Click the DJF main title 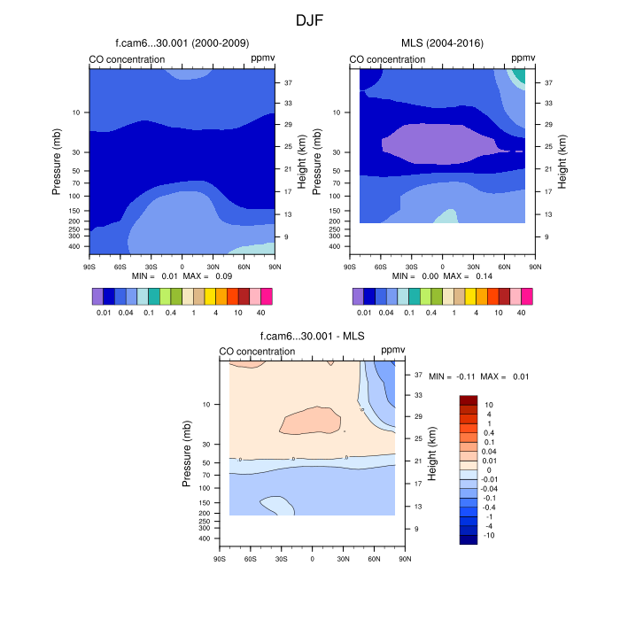pyautogui.click(x=309, y=19)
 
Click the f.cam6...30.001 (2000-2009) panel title pyautogui.click(x=182, y=43)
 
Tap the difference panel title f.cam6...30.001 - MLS pyautogui.click(x=312, y=336)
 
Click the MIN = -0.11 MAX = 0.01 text pyautogui.click(x=478, y=376)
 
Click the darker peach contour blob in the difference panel pyautogui.click(x=310, y=420)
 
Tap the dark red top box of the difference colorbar pyautogui.click(x=469, y=401)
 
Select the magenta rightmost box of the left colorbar pyautogui.click(x=267, y=296)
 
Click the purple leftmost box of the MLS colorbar pyautogui.click(x=358, y=296)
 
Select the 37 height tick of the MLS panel pyautogui.click(x=548, y=82)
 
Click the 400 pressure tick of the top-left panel pyautogui.click(x=74, y=247)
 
